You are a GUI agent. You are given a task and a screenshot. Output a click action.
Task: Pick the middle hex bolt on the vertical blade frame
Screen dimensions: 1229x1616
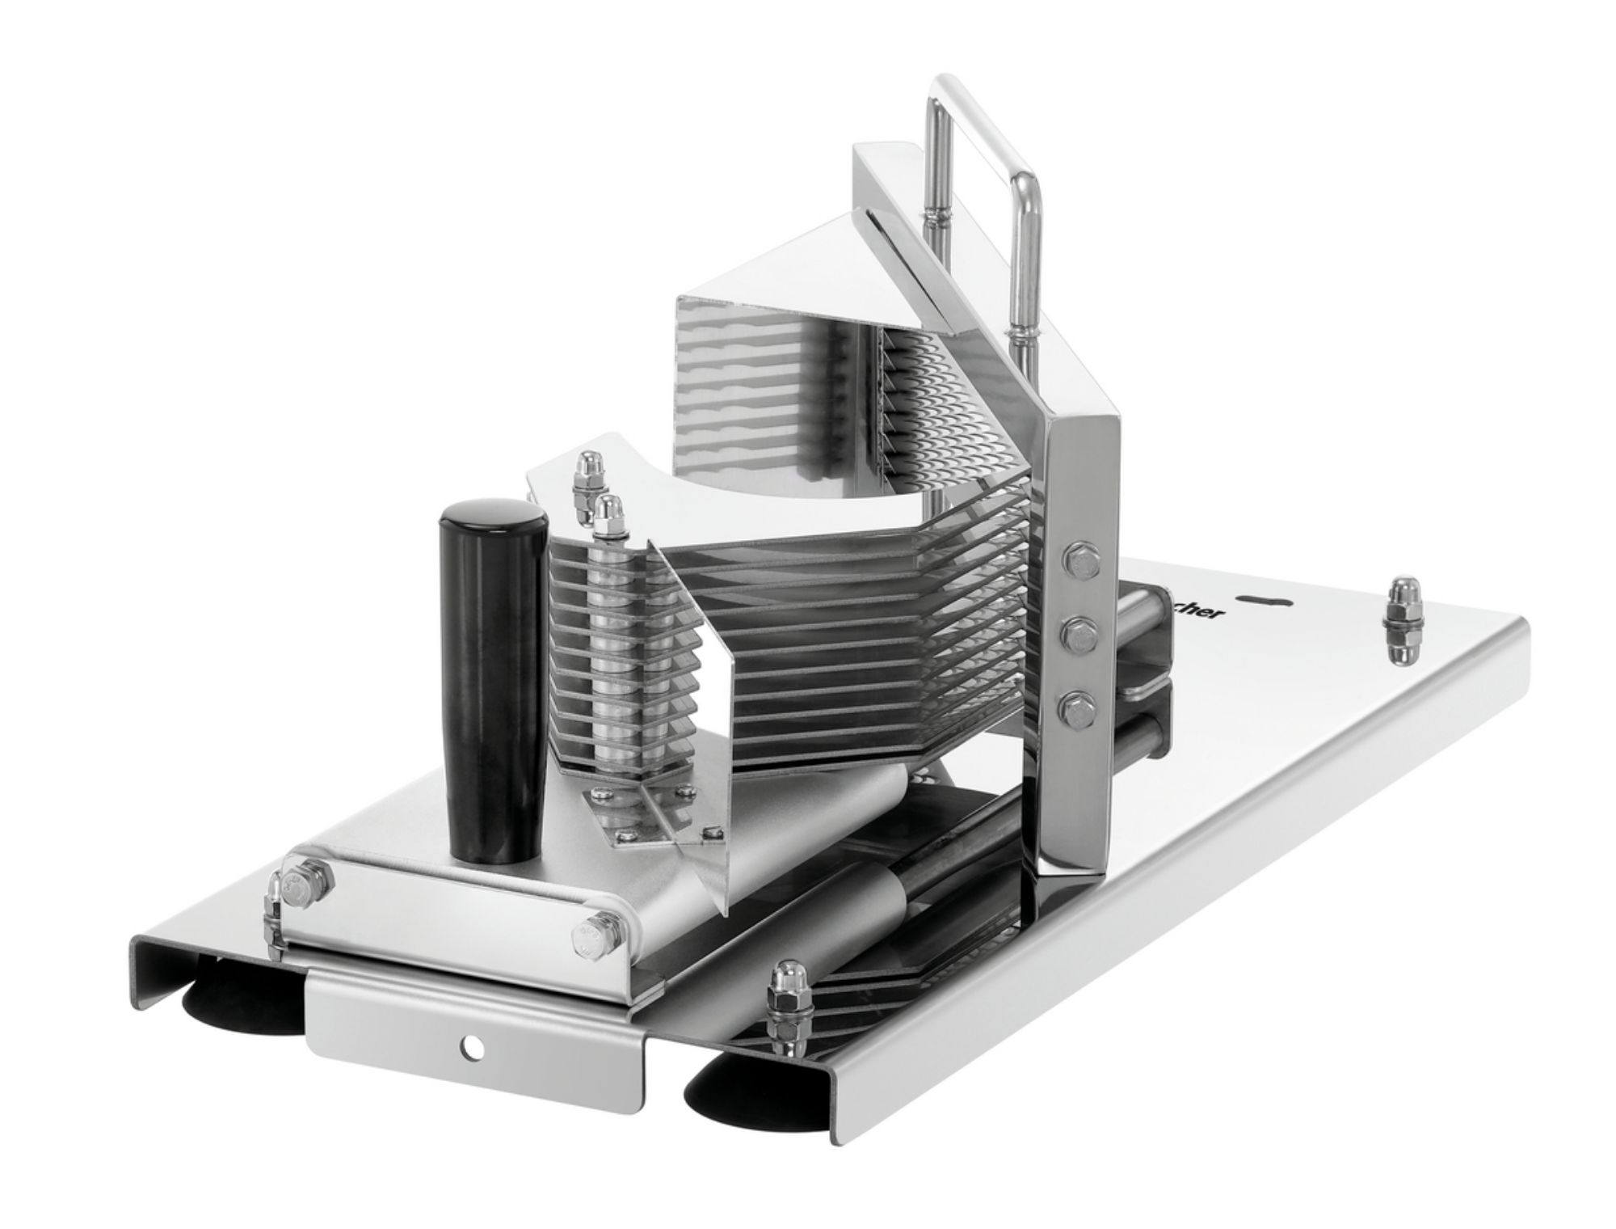(1076, 634)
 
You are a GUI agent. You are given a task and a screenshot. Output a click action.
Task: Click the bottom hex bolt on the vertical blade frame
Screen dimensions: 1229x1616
(1075, 708)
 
